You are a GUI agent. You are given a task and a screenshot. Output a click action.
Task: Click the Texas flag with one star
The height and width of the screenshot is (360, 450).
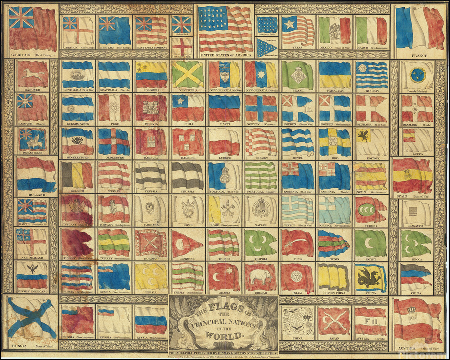pos(297,30)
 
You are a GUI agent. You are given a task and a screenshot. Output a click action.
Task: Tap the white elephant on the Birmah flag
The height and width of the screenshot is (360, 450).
pos(260,276)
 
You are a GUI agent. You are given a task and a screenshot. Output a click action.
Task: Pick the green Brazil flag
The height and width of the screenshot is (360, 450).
pos(297,74)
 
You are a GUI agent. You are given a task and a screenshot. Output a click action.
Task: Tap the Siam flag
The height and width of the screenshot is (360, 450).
pos(297,276)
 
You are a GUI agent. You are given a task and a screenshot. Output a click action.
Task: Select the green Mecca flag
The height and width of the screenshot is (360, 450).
pos(417,243)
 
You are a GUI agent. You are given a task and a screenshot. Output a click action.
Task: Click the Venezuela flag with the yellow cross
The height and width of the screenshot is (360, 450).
pos(188,74)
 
